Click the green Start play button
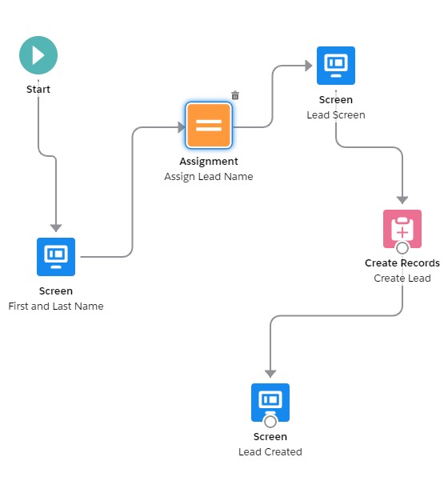pyautogui.click(x=38, y=55)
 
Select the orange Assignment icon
pyautogui.click(x=209, y=126)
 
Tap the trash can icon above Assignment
pyautogui.click(x=235, y=95)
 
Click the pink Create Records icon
pyautogui.click(x=402, y=229)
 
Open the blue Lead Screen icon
pyautogui.click(x=336, y=66)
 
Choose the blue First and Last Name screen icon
pyautogui.click(x=56, y=257)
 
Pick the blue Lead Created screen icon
pyautogui.click(x=270, y=403)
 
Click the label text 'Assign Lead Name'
pyautogui.click(x=209, y=177)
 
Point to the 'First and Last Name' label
pyautogui.click(x=56, y=306)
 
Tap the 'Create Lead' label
pyautogui.click(x=402, y=278)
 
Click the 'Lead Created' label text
pyautogui.click(x=270, y=451)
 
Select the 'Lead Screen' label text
pyautogui.click(x=336, y=114)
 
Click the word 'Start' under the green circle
pyautogui.click(x=38, y=89)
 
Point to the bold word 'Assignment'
pyautogui.click(x=209, y=161)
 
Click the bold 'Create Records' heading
pyautogui.click(x=402, y=263)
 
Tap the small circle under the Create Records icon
pyautogui.click(x=402, y=248)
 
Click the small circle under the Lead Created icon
pyautogui.click(x=270, y=421)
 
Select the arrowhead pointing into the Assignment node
pyautogui.click(x=181, y=127)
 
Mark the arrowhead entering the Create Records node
pyautogui.click(x=402, y=200)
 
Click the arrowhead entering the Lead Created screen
pyautogui.click(x=270, y=373)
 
